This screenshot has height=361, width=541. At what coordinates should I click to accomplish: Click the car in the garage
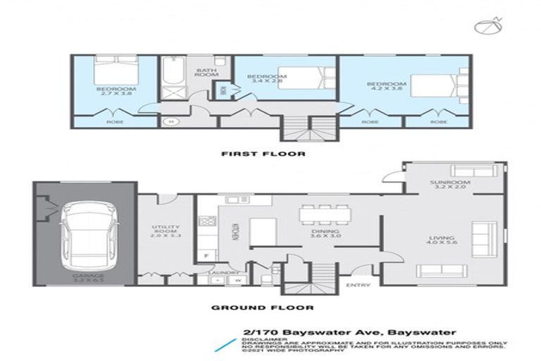[85, 231]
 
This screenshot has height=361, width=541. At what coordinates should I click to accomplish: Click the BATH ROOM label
[206, 71]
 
